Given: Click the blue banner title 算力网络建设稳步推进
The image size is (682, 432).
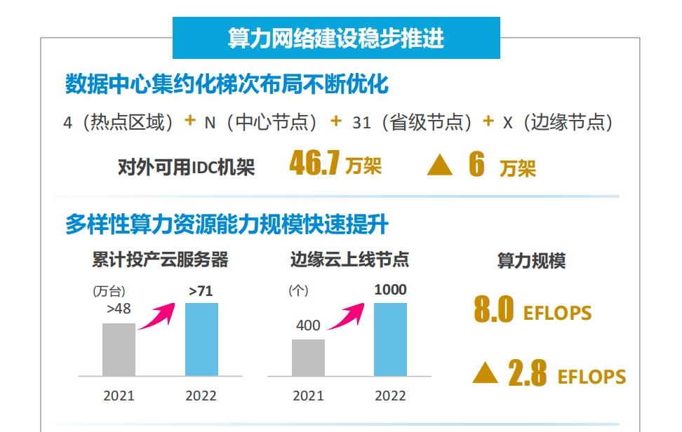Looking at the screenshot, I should coord(336,38).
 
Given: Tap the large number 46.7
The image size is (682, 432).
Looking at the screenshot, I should coord(314,165).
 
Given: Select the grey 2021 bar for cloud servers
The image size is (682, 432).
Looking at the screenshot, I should coord(119,349).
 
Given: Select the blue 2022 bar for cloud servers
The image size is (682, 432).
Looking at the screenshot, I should coord(201,339).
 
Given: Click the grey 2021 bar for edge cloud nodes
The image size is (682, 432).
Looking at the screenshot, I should coord(308,357).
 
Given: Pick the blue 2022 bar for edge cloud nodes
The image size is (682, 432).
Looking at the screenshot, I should coord(390,339).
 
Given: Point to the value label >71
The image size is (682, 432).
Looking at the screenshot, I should coord(201,290).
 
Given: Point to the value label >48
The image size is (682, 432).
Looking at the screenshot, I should coord(119,309).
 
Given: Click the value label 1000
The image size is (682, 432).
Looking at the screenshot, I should coord(390,290).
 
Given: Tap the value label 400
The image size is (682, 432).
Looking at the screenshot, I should coord(308,325).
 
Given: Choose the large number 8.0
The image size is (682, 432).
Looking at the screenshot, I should coord(494,311).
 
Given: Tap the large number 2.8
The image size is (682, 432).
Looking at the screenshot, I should coord(528,374).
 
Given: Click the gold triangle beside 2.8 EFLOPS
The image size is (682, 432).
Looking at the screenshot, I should coord(485,374).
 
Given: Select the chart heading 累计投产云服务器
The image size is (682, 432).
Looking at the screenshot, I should coord(160,260).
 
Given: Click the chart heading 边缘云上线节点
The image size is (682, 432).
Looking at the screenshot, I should coord(349,260).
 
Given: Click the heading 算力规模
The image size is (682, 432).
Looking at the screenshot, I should coord(531,262).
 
